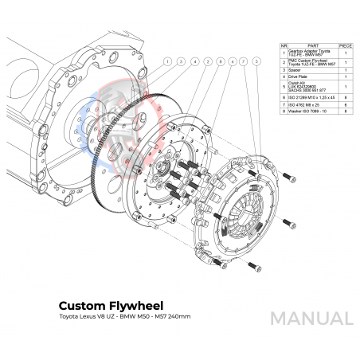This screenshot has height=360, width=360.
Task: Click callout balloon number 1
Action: coord(168,61)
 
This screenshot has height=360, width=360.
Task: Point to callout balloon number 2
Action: coord(208,61)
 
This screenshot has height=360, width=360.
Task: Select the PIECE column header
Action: coord(346,45)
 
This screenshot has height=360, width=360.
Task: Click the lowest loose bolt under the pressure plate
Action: coord(253,266)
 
